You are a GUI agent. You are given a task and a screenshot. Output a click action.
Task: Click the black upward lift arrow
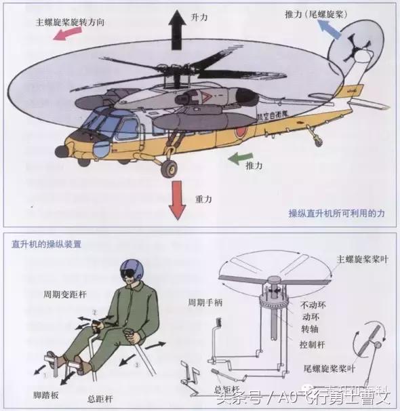coord(178,27)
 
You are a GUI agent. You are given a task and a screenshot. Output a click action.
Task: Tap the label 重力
coord(204,199)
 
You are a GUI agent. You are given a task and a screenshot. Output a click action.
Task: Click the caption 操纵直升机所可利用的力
coord(337,213)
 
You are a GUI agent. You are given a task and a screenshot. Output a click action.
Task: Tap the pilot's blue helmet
coord(128,268)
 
